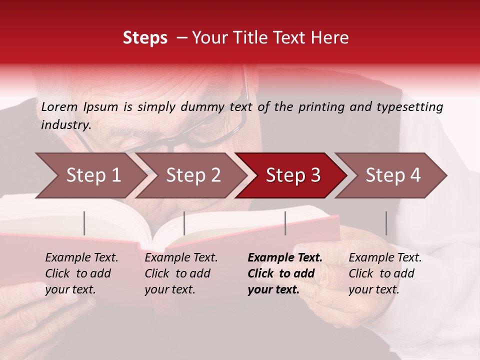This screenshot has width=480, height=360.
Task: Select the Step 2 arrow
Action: (x=192, y=175)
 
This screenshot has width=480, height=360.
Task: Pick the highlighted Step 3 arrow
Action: (x=292, y=175)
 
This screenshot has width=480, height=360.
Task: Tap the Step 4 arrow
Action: (x=392, y=175)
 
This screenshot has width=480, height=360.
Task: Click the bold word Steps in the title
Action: (x=145, y=38)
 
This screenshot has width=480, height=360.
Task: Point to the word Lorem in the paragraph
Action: (x=59, y=107)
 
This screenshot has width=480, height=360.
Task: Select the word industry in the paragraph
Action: (x=65, y=125)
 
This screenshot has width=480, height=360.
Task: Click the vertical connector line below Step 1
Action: (x=84, y=223)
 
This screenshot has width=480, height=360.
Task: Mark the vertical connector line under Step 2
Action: (x=184, y=223)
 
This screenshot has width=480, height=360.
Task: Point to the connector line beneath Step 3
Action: (x=285, y=223)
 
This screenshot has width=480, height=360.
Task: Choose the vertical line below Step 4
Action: (x=386, y=223)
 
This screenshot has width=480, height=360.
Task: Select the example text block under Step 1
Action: (x=81, y=273)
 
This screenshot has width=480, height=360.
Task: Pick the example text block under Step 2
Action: (x=180, y=273)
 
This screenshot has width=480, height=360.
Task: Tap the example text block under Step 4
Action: (x=384, y=273)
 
